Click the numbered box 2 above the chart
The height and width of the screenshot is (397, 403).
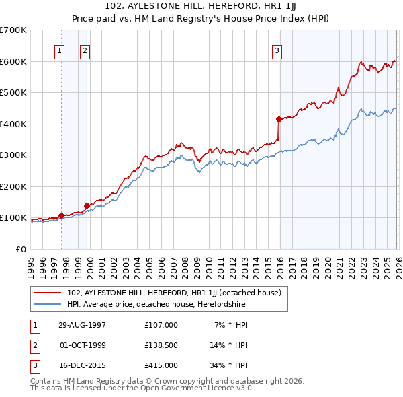click(85, 49)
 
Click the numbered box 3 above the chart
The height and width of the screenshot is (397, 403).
click(277, 49)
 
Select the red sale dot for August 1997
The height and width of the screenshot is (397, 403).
click(61, 215)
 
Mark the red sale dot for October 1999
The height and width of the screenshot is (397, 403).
click(87, 205)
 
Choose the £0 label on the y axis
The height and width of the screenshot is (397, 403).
click(19, 249)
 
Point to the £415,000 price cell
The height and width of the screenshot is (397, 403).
click(161, 366)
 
